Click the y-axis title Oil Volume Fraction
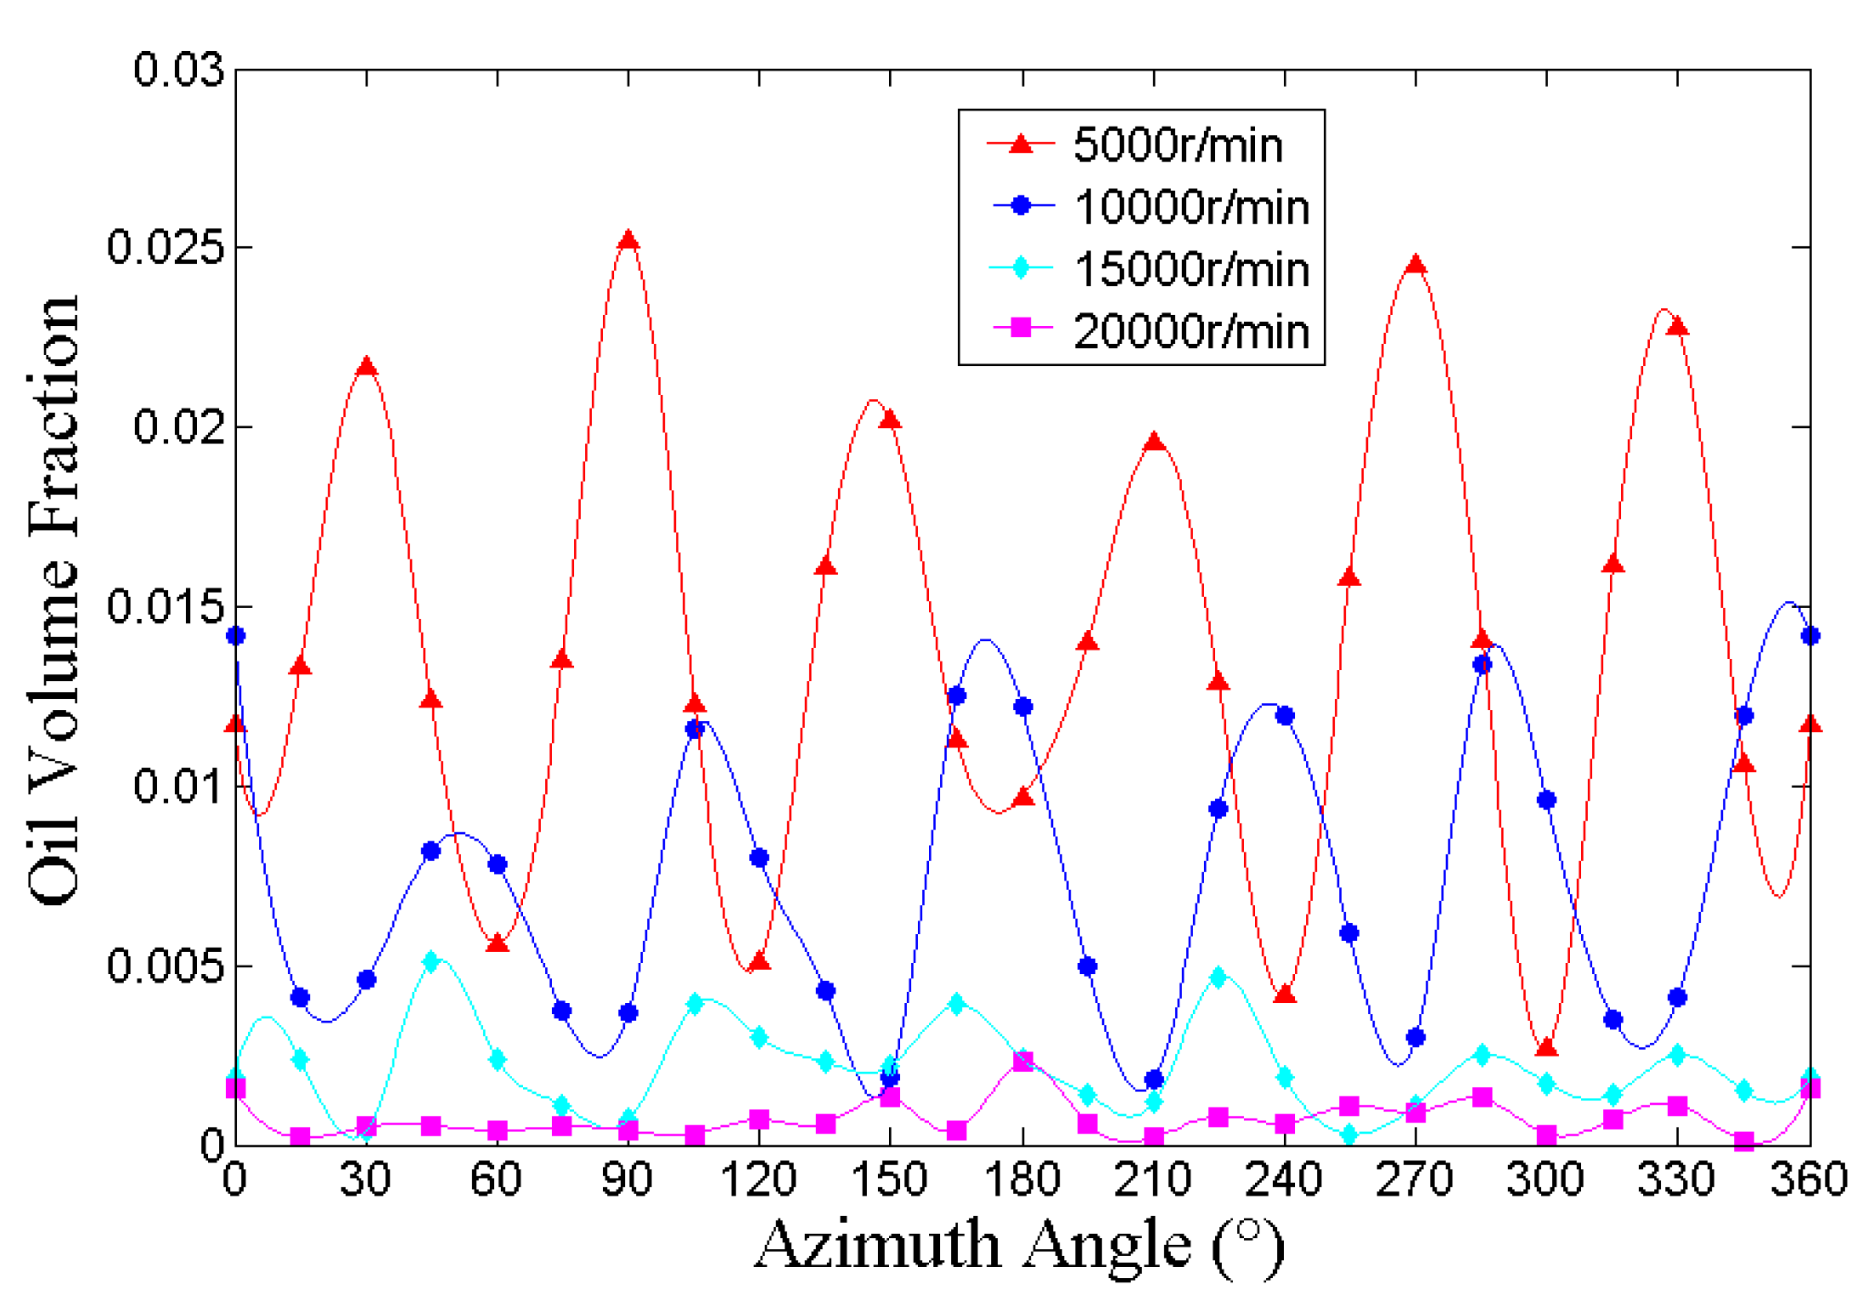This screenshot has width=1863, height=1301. point(53,600)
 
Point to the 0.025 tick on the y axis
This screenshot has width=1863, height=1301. point(166,247)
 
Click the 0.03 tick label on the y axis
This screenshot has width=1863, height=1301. point(179,69)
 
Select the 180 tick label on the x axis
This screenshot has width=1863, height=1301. point(1022,1179)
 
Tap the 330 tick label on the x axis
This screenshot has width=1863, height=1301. point(1676,1179)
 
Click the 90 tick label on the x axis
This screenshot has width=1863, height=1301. point(628,1179)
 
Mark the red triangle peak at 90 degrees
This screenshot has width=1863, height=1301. point(628,241)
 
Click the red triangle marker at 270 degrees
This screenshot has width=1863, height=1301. point(1415,265)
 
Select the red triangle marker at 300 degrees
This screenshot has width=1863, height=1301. point(1546,1048)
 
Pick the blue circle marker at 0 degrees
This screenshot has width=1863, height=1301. point(236,635)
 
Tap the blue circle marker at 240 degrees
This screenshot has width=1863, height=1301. point(1284,716)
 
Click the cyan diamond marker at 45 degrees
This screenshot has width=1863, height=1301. point(431,962)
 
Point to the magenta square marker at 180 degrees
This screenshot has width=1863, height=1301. point(1022,1062)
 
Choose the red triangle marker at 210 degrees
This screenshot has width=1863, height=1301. point(1153,442)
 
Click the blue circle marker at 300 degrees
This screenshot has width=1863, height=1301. point(1546,800)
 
